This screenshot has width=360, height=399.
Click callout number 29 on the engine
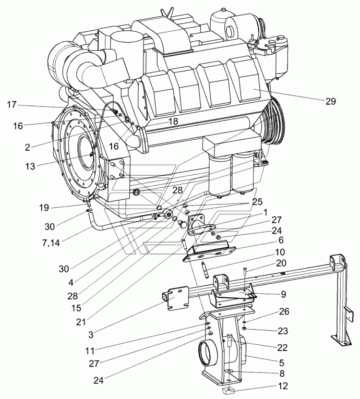331,102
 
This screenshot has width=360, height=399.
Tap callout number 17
12,104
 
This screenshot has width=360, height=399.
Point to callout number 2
27,147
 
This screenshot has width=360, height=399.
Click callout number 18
173,120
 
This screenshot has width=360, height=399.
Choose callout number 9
283,294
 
